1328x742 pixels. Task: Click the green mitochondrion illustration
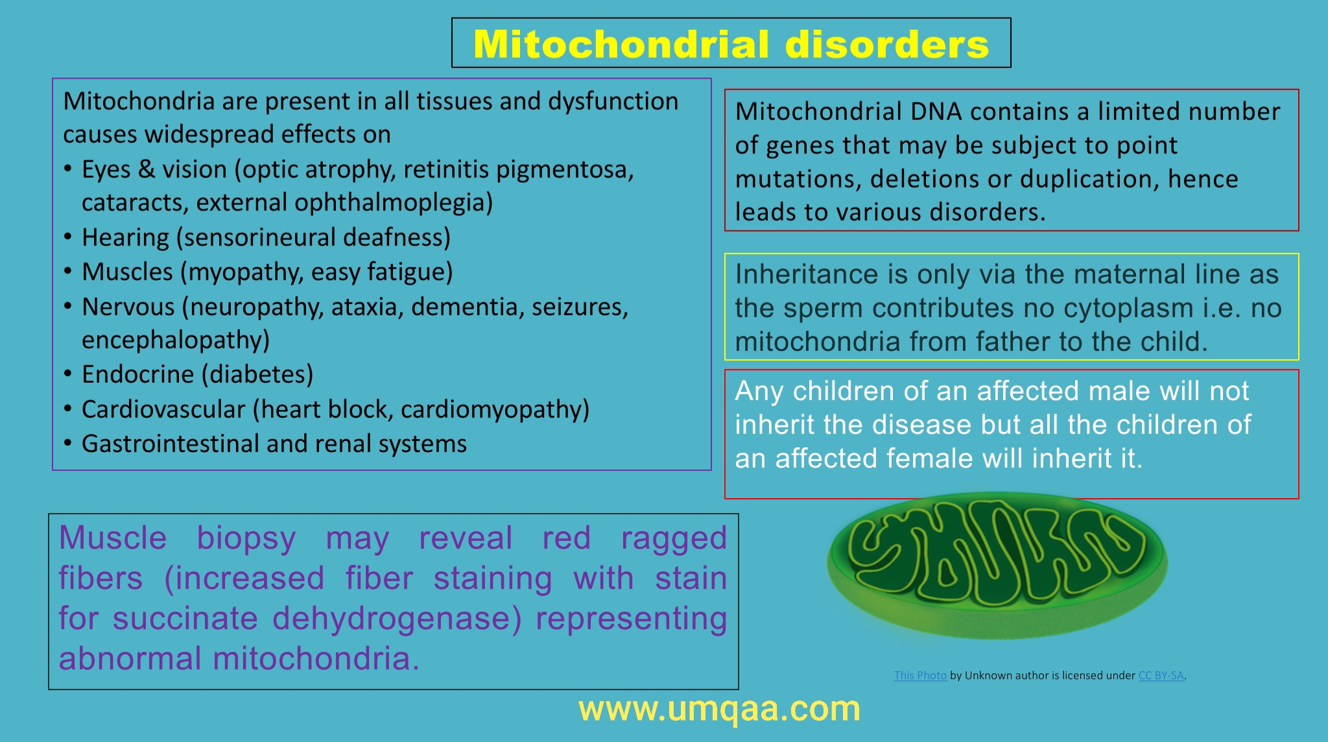(x=997, y=564)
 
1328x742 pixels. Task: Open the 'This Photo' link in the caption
(x=920, y=675)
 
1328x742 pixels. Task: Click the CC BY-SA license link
(x=1161, y=675)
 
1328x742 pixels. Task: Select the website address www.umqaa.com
(x=719, y=709)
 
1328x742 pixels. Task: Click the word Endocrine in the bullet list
(x=137, y=374)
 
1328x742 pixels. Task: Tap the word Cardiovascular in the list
(x=163, y=409)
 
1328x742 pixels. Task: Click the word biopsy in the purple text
(x=246, y=538)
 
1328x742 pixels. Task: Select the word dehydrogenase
(x=397, y=618)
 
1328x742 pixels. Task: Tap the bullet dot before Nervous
(x=68, y=305)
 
